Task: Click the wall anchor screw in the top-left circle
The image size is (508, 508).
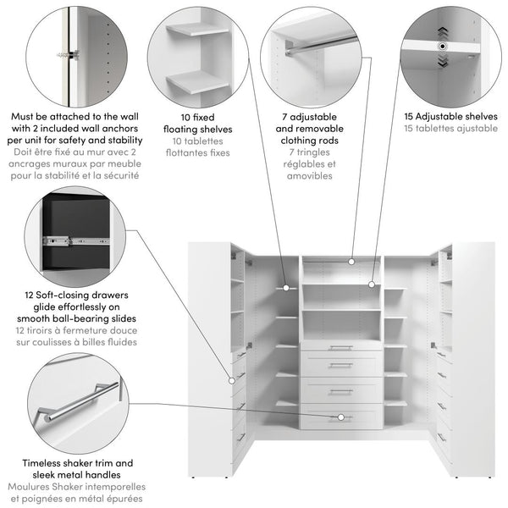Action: [x=69, y=55]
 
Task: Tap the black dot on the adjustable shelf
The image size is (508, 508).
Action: [x=443, y=47]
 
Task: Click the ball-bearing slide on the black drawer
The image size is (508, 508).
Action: [x=76, y=241]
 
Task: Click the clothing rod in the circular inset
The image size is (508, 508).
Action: [x=322, y=46]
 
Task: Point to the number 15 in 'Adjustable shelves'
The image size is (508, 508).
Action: [x=409, y=117]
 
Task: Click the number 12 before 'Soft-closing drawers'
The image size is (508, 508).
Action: [x=29, y=295]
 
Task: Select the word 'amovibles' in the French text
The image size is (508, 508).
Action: [x=309, y=176]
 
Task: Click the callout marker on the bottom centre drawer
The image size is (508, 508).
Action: [x=341, y=417]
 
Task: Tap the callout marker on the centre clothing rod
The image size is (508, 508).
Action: [x=351, y=261]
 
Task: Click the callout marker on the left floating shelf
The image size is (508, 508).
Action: [x=286, y=288]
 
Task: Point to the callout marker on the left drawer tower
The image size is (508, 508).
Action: [x=232, y=381]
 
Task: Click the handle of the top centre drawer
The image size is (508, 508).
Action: [x=341, y=348]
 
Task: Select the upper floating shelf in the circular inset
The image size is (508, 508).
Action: [x=198, y=30]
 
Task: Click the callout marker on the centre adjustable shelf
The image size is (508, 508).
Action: [x=372, y=284]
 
